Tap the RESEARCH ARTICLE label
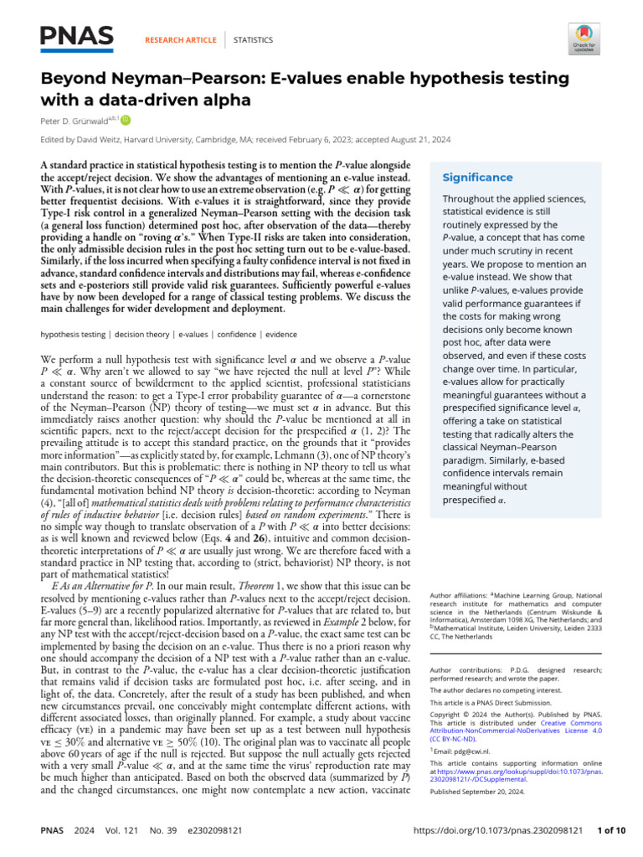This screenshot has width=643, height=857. click(x=181, y=39)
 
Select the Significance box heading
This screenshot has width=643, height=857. click(x=478, y=177)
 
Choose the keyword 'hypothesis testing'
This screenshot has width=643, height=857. click(x=74, y=335)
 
